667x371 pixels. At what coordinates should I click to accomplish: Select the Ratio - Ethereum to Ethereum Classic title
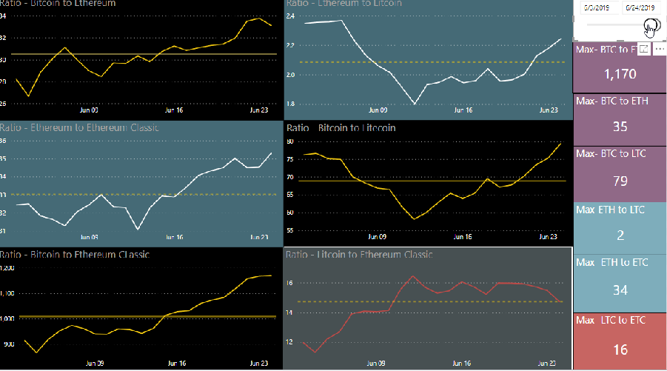pyautogui.click(x=79, y=127)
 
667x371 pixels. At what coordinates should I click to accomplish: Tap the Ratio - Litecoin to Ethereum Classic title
pyautogui.click(x=359, y=255)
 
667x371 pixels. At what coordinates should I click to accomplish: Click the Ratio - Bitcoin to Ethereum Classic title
pyautogui.click(x=75, y=255)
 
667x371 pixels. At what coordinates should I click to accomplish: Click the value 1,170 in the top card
pyautogui.click(x=620, y=74)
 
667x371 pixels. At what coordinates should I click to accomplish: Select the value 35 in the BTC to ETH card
pyautogui.click(x=620, y=127)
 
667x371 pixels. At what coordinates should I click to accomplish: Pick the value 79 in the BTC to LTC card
pyautogui.click(x=620, y=181)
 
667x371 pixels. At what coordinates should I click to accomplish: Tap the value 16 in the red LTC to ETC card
pyautogui.click(x=620, y=350)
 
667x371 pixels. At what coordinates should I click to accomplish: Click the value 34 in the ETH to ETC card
pyautogui.click(x=620, y=290)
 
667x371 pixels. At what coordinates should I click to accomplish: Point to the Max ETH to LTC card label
pyautogui.click(x=610, y=210)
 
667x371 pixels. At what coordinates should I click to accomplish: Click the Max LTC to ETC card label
pyautogui.click(x=610, y=320)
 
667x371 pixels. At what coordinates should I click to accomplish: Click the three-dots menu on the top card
pyautogui.click(x=660, y=48)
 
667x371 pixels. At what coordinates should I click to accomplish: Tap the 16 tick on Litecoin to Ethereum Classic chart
pyautogui.click(x=289, y=283)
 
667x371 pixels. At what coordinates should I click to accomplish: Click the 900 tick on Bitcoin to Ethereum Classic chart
pyautogui.click(x=10, y=344)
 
